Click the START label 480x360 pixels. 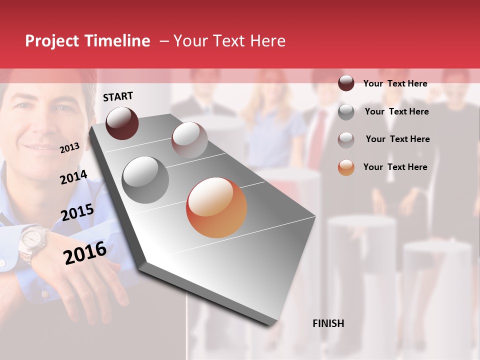118,96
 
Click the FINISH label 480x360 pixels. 328,323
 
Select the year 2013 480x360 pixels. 69,148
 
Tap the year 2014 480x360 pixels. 73,177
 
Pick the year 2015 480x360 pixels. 77,212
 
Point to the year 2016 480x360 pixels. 85,253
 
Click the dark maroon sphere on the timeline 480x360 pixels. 122,123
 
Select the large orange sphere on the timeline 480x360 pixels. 216,207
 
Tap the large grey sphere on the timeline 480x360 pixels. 145,180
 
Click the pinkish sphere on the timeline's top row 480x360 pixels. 189,140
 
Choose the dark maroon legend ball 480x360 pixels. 346,83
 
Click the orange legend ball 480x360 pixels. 346,167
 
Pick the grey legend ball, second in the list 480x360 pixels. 346,112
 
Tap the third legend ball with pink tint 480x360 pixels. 346,139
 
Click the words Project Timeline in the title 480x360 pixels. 87,41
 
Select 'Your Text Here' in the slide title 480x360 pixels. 229,41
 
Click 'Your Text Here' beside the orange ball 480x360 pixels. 395,167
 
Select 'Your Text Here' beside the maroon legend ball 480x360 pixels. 395,83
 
